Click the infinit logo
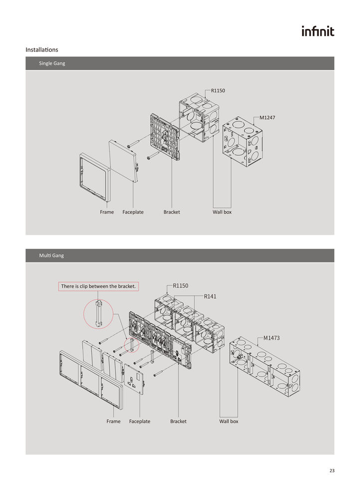click(x=318, y=31)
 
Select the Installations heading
click(x=42, y=49)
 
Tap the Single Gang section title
click(x=52, y=63)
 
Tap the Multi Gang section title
click(x=51, y=255)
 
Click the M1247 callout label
click(x=267, y=118)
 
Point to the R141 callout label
click(x=210, y=296)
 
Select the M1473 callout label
click(x=271, y=338)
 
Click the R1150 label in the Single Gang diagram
click(x=218, y=90)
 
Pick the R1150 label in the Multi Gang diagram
click(x=180, y=285)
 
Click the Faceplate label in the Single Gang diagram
click(x=133, y=212)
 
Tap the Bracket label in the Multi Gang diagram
click(x=179, y=421)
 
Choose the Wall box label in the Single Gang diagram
click(x=222, y=212)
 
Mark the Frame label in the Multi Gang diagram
click(x=114, y=421)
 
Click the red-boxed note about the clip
click(x=99, y=286)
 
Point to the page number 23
click(x=332, y=471)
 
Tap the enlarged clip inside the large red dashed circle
click(x=98, y=314)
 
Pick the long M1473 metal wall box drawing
click(x=265, y=366)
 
